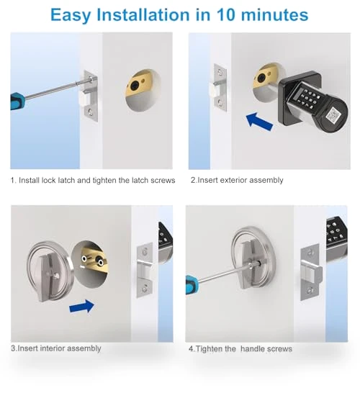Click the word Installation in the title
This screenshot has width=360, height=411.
pos(143,14)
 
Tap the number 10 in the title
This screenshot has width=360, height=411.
pos(226,14)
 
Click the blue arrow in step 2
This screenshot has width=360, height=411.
pos(259,122)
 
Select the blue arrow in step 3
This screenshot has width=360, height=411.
pos(82,306)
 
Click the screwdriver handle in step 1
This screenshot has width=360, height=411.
pos(17,101)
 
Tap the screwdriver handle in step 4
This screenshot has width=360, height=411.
pos(192,285)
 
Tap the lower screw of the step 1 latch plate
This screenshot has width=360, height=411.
pos(91,112)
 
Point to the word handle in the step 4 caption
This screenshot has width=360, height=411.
pos(252,349)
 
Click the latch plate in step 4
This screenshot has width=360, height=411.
pos(310,272)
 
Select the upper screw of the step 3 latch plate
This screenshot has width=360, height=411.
pos(145,252)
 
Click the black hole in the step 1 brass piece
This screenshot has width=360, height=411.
pos(135,86)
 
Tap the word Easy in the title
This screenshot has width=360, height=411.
pos(71,15)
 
